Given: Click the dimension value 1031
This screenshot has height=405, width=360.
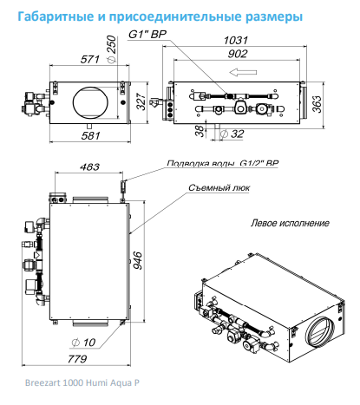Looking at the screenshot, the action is [236, 40].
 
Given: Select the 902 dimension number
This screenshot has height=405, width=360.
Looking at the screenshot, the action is [238, 54].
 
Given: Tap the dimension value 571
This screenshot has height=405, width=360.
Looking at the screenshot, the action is [90, 59].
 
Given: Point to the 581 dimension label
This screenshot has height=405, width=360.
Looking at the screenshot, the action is [90, 135].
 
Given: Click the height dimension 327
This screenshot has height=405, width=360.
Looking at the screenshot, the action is [141, 101].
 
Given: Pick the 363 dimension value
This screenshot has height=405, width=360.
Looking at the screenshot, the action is [317, 104].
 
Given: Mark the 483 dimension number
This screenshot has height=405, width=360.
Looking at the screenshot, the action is [89, 167].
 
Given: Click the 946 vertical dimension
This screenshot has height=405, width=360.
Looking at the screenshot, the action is [138, 260].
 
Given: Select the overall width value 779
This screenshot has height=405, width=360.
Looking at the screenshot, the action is [77, 359].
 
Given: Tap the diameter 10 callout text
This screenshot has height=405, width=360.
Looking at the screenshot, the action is [83, 343].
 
